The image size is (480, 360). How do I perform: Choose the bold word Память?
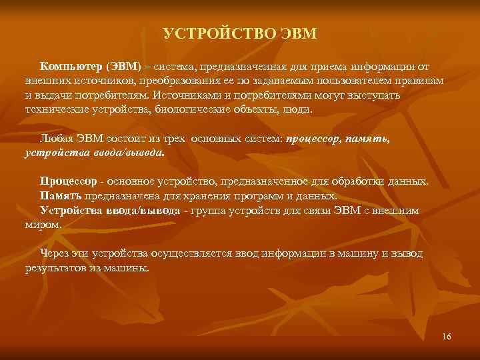pyautogui.click(x=61, y=196)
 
